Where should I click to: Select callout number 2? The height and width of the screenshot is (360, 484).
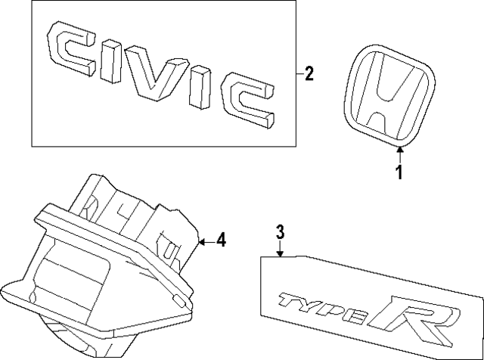tap(309, 74)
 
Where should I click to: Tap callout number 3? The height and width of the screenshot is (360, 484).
tap(279, 232)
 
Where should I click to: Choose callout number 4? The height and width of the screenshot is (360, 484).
tap(221, 241)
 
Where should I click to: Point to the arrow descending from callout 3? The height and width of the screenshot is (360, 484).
tap(279, 249)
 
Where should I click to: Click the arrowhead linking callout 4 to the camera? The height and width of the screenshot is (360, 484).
tap(201, 241)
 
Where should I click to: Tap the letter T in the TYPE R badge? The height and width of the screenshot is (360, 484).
tap(290, 300)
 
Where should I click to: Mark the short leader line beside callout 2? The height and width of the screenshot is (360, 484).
tap(298, 74)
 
